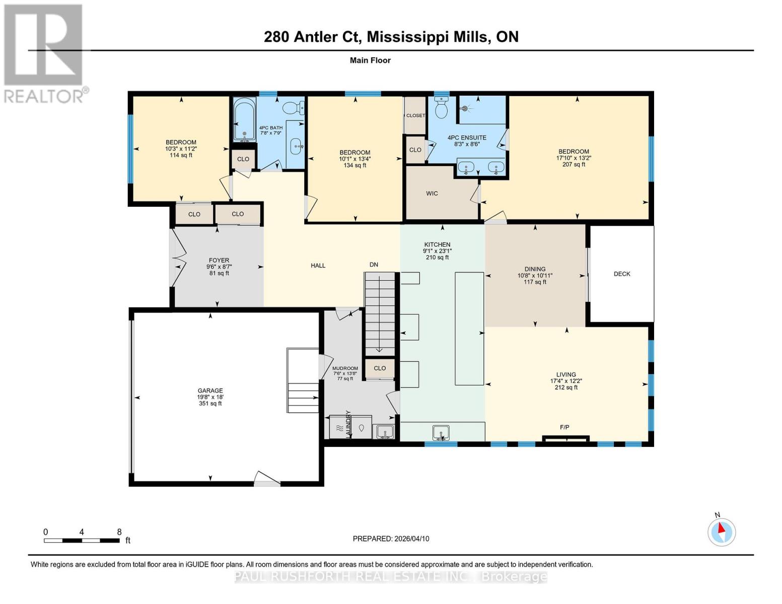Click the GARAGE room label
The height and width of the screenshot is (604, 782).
210,391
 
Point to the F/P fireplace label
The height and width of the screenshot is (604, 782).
564,427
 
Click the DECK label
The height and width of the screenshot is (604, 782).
622,274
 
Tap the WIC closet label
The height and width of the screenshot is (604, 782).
432,193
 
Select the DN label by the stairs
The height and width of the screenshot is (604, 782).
374,265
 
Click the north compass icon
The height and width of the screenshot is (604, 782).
722,531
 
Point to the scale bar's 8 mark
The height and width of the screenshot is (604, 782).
119,532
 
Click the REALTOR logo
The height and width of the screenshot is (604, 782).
44,53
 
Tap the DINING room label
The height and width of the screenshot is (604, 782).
535,269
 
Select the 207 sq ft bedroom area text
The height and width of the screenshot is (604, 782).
574,165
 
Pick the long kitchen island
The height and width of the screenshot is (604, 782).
469,328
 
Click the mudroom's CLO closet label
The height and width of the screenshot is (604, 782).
380,368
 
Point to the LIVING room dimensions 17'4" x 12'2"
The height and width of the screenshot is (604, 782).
566,381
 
